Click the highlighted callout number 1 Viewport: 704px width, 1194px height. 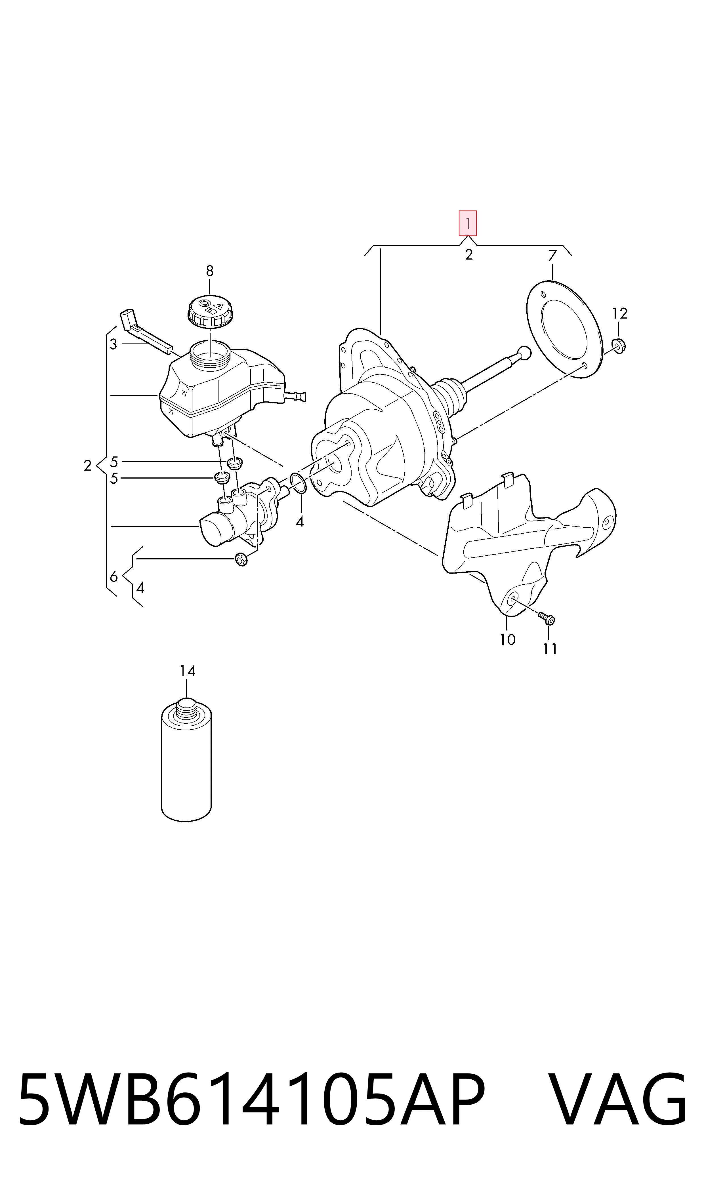tap(467, 223)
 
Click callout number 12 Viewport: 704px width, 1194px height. tap(619, 313)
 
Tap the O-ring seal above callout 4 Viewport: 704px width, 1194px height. tap(297, 483)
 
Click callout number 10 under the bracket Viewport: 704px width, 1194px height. tap(507, 640)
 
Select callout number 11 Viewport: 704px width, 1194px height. tap(550, 649)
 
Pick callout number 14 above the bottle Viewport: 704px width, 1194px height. tap(187, 671)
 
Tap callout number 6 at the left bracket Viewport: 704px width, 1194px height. tap(114, 577)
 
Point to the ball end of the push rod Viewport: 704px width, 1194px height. tap(524, 353)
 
